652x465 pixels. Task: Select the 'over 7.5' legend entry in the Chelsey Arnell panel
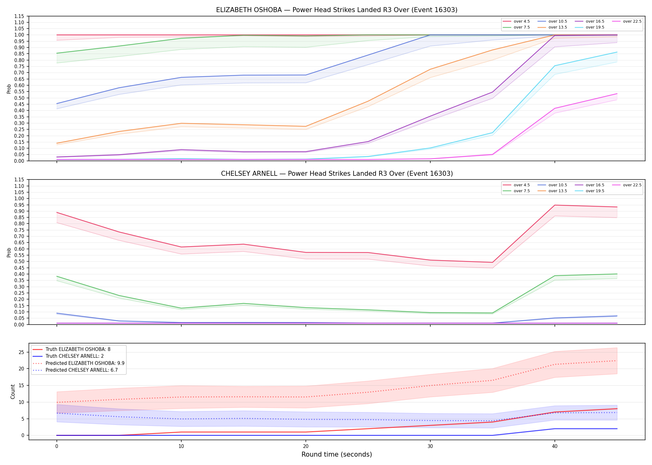pos(516,191)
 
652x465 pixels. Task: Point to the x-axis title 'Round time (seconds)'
pos(337,454)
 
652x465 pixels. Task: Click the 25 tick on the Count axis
pos(21,352)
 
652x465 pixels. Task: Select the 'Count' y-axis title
pos(13,392)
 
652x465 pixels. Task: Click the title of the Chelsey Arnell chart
pos(337,174)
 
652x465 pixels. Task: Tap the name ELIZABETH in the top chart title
pos(233,10)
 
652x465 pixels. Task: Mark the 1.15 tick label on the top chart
pos(19,16)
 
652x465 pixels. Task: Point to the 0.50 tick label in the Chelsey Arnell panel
pos(19,261)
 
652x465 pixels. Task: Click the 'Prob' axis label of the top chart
pos(9,89)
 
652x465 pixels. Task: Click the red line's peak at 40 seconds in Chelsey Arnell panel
pos(555,205)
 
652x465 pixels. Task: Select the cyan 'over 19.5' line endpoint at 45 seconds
pos(617,52)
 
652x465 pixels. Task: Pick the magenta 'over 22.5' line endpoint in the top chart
pos(617,94)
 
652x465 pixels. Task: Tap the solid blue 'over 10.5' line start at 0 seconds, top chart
pos(57,104)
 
